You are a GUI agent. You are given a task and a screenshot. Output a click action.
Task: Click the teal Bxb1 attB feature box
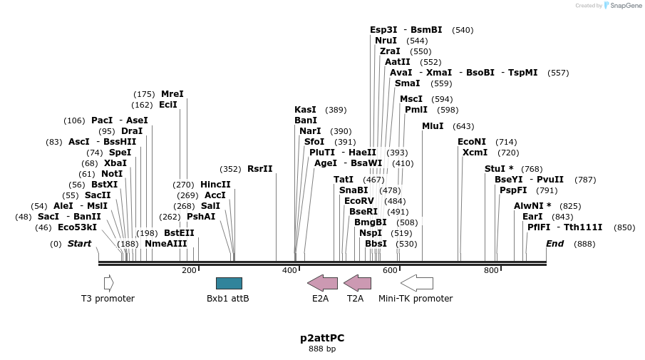click(x=229, y=283)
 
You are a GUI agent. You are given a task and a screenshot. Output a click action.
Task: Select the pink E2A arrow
click(x=322, y=283)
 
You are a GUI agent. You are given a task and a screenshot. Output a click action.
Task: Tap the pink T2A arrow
click(x=357, y=283)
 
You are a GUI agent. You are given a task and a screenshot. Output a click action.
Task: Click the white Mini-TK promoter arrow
click(x=416, y=283)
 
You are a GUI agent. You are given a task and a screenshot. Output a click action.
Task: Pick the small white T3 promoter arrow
click(x=108, y=283)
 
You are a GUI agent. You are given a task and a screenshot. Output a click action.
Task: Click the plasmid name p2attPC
click(x=322, y=338)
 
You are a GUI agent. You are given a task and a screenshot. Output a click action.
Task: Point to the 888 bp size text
click(x=322, y=349)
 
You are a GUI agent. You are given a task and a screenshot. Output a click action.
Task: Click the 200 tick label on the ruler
click(x=189, y=270)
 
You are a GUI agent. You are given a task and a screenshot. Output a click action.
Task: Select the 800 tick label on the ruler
click(x=491, y=270)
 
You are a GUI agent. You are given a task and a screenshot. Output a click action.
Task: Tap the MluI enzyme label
click(x=433, y=126)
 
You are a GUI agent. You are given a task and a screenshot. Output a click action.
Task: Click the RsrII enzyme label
click(x=259, y=169)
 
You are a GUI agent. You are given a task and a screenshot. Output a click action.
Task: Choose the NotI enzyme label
click(x=112, y=173)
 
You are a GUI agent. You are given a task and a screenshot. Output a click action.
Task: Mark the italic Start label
click(x=79, y=244)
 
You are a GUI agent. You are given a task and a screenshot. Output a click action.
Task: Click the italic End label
click(x=554, y=244)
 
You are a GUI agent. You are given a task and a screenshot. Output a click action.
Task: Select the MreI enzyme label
click(x=172, y=94)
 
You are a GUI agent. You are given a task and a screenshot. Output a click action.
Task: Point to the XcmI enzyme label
click(x=475, y=153)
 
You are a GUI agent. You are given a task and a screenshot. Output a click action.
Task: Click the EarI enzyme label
click(x=532, y=217)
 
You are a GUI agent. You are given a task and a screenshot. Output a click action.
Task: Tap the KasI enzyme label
click(x=305, y=110)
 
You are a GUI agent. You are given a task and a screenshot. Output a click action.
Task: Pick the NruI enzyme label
click(x=386, y=41)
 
